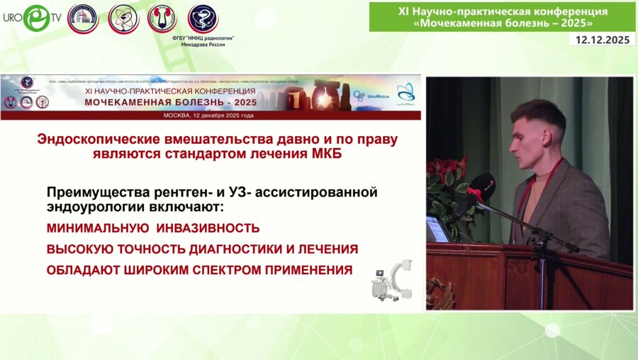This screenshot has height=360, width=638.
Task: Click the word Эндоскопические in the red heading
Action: pos(91,140)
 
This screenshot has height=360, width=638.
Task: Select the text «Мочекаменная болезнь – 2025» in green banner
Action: pos(502,22)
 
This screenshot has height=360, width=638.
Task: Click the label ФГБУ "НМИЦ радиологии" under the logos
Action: pos(203,37)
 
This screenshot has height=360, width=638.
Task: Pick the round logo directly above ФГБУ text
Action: pos(203,18)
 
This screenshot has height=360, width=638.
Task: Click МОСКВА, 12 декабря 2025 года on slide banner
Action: pos(208,115)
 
